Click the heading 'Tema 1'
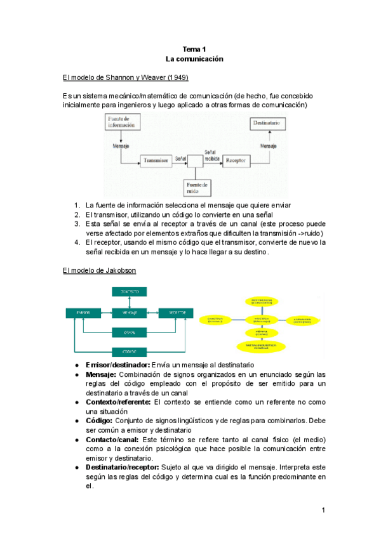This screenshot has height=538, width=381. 195,49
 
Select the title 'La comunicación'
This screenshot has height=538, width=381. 195,58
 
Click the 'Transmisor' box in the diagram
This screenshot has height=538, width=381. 156,162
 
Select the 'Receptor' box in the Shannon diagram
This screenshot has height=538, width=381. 236,161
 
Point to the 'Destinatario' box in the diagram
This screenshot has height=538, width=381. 269,122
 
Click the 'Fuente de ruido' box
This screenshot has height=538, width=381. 197,187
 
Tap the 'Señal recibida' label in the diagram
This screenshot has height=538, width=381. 211,155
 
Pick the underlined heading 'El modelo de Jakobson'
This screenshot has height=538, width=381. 98,270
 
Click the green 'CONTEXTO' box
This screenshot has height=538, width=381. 130,291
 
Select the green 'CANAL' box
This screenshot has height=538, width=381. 130,332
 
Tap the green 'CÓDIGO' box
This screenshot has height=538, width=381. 130,351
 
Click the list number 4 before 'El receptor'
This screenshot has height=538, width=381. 76,242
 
